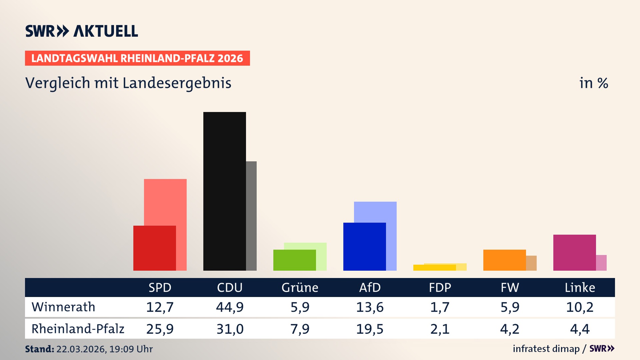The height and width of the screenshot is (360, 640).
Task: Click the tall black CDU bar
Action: click(224, 191)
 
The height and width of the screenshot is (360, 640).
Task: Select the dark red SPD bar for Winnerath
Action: click(154, 248)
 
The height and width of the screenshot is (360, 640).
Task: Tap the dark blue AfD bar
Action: click(364, 246)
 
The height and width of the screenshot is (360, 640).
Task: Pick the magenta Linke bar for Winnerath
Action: click(574, 252)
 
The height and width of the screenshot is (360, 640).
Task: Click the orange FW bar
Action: click(504, 260)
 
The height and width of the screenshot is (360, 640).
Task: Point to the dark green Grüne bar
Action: click(294, 260)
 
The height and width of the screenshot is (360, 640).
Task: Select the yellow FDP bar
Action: click(434, 268)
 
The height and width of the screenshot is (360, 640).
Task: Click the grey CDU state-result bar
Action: click(251, 216)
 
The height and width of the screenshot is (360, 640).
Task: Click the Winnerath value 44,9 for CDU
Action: click(230, 307)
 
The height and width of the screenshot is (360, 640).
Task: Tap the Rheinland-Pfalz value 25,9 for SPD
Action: click(160, 329)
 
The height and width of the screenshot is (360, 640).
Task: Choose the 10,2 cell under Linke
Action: click(580, 307)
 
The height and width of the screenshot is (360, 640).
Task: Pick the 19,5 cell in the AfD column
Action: click(370, 329)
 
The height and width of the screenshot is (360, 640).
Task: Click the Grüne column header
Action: click(300, 287)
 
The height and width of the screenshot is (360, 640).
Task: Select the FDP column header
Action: click(440, 287)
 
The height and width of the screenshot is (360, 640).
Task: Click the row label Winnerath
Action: click(63, 307)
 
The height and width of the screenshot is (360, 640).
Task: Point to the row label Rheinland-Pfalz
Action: click(78, 329)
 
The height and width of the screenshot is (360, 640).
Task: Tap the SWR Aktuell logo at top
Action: click(82, 31)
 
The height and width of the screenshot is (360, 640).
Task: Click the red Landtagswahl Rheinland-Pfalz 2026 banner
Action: click(137, 58)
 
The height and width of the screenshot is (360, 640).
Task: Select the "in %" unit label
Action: click(593, 83)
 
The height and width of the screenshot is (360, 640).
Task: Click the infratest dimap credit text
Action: click(546, 349)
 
